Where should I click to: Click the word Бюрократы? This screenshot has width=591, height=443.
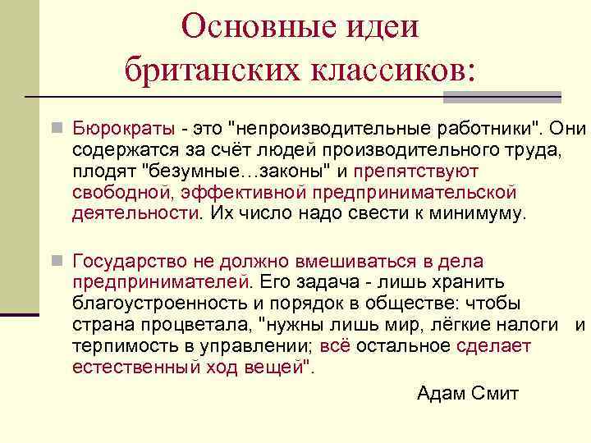click(123, 129)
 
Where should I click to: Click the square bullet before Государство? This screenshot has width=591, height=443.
click(56, 262)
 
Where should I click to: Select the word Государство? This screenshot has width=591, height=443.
click(131, 262)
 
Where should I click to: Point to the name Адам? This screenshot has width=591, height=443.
click(441, 394)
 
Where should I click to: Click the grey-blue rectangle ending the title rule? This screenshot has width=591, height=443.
click(502, 97)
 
